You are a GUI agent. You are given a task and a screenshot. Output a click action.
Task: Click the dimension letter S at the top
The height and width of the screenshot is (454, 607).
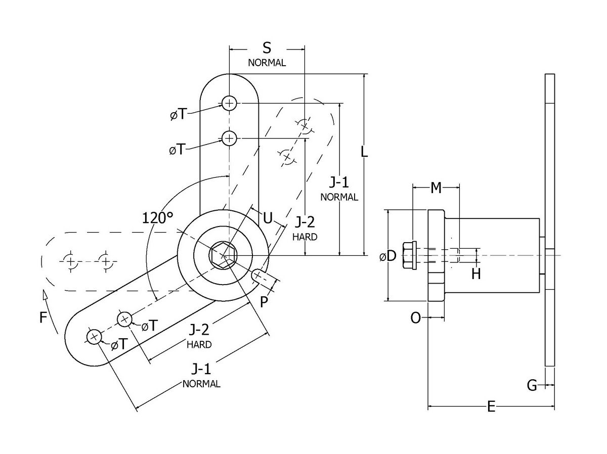pyautogui.click(x=267, y=48)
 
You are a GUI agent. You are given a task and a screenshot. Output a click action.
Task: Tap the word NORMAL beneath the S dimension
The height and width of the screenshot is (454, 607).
pyautogui.click(x=267, y=63)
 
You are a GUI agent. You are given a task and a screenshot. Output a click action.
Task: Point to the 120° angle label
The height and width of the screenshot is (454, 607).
pyautogui.click(x=157, y=218)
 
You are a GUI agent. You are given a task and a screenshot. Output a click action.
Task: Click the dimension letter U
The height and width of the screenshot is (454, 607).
pyautogui.click(x=268, y=218)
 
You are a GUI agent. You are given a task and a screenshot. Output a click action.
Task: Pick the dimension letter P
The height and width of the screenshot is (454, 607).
pyautogui.click(x=264, y=302)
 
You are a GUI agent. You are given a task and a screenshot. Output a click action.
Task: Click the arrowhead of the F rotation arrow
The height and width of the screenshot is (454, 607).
pyautogui.click(x=45, y=295)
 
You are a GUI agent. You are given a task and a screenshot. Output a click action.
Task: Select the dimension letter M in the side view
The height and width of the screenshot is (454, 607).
pyautogui.click(x=436, y=188)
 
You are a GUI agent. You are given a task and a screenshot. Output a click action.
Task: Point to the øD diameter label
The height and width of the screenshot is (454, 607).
pyautogui.click(x=387, y=256)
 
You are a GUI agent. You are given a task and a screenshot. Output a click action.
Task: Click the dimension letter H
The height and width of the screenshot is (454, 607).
pyautogui.click(x=475, y=274)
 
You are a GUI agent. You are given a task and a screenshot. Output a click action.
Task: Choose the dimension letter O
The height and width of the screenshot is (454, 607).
pyautogui.click(x=415, y=317)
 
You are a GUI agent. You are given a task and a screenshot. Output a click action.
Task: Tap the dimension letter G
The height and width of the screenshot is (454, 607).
pyautogui.click(x=532, y=386)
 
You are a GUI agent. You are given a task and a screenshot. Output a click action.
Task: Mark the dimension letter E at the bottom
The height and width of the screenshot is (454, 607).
pyautogui.click(x=491, y=406)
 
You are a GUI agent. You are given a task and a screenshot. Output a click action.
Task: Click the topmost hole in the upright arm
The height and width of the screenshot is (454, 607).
pyautogui.click(x=229, y=104)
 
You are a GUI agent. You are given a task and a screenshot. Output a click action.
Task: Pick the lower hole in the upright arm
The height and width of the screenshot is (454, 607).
pyautogui.click(x=229, y=138)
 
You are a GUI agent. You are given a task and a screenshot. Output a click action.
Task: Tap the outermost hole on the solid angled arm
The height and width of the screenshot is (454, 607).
pyautogui.click(x=94, y=337)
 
